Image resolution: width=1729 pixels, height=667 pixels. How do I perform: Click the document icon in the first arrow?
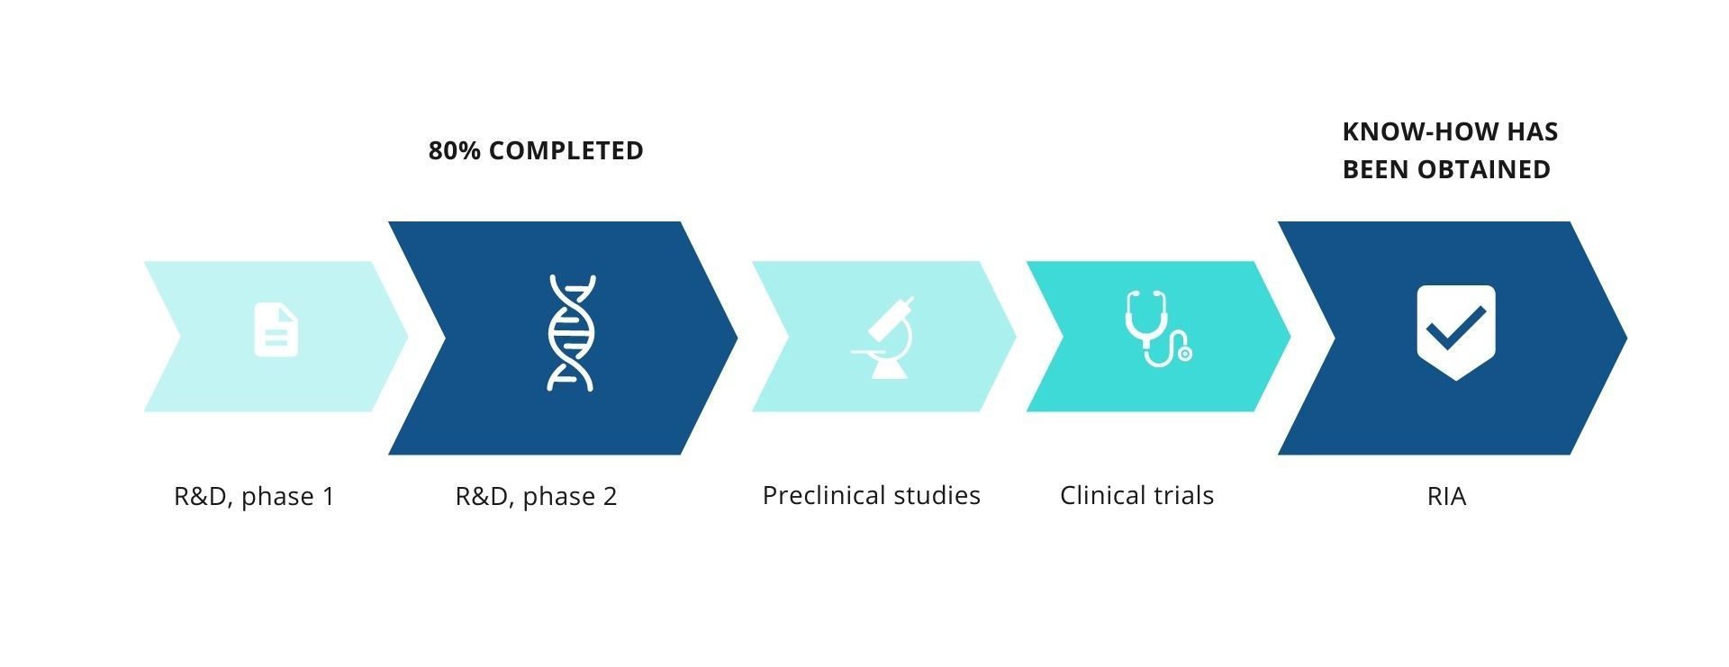pos(276,330)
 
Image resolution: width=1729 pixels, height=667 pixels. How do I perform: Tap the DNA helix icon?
pos(571,333)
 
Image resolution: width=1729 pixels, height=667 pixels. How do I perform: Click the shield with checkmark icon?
pos(1456,333)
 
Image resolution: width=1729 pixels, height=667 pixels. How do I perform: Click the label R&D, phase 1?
pos(254,496)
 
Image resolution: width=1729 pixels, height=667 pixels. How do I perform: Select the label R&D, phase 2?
pos(536,496)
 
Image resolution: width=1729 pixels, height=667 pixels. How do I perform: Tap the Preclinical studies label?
pos(871,495)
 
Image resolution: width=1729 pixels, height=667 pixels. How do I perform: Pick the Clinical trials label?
pos(1136,495)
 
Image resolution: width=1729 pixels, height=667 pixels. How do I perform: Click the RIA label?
pos(1446,496)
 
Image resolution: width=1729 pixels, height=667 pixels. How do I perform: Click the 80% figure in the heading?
pos(455,150)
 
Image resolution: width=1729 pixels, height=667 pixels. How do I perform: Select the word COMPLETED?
pos(566,150)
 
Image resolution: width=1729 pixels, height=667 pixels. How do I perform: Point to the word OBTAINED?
pos(1484,169)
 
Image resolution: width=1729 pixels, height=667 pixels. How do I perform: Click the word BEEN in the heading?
pos(1376,169)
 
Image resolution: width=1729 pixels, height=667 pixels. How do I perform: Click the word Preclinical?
pos(826,495)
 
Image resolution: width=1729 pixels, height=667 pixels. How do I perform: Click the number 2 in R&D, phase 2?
pos(610,497)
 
